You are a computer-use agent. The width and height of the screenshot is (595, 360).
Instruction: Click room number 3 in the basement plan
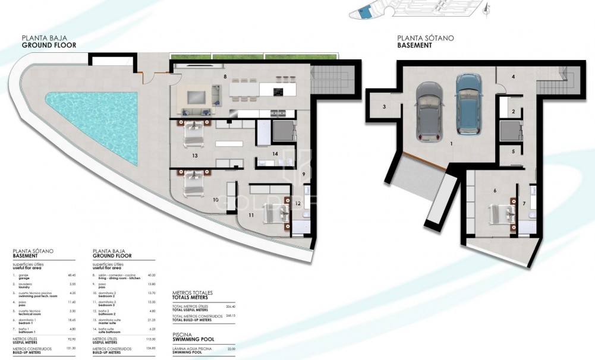[x=385, y=107]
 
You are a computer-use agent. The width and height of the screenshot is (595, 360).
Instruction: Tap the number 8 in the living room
[x=225, y=77]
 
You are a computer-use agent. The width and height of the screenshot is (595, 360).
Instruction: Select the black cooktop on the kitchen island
[x=278, y=91]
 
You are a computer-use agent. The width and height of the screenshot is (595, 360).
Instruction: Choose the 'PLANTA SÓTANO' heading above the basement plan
[x=425, y=38]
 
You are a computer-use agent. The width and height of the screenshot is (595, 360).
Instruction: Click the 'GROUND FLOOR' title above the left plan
[x=49, y=45]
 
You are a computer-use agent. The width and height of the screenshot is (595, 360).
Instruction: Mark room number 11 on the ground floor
[x=251, y=214]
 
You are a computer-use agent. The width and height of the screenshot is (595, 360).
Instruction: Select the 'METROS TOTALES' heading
[x=192, y=293]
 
